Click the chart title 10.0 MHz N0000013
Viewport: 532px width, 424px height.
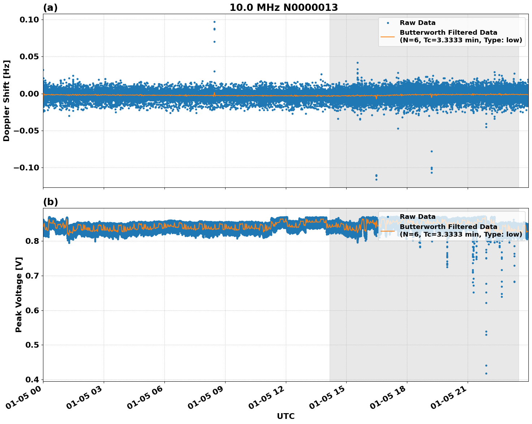(x=284, y=8)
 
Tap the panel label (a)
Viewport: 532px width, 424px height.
(x=50, y=8)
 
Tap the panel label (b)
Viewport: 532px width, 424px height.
(x=50, y=202)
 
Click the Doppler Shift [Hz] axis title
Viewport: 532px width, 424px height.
(x=7, y=101)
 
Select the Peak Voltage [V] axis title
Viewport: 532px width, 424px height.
(x=19, y=294)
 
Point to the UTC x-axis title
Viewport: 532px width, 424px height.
(x=286, y=416)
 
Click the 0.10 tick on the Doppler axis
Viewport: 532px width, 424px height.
(x=27, y=20)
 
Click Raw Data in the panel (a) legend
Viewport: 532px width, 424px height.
(x=417, y=23)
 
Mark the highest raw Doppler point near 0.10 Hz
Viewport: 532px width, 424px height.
(x=214, y=22)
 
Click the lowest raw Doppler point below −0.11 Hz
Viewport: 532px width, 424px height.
(x=376, y=179)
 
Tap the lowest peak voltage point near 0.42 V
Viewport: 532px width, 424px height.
(x=486, y=373)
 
